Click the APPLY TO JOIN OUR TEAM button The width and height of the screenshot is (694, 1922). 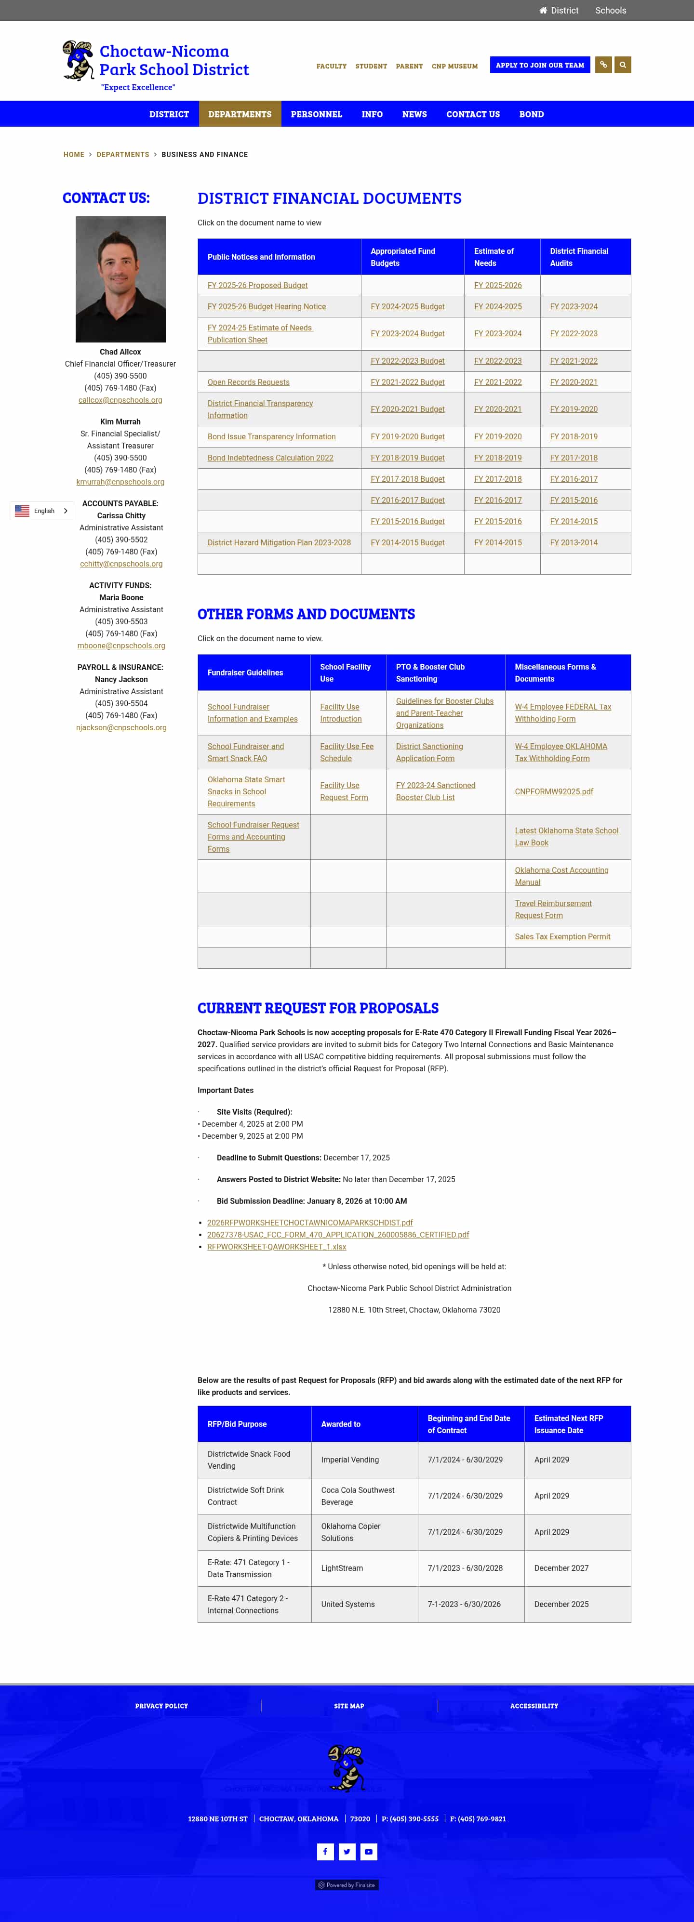coord(539,65)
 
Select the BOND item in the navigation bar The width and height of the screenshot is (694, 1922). coord(531,114)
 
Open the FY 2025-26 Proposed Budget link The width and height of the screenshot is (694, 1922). coord(257,286)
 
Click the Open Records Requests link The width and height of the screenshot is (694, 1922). coord(249,382)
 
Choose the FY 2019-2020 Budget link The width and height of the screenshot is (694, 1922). coord(407,436)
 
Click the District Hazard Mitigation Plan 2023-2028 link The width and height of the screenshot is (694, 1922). coord(279,542)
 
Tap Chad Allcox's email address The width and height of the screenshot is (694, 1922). coord(120,400)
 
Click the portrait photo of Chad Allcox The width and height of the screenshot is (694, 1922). coord(120,279)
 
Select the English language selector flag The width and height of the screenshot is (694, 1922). coord(22,511)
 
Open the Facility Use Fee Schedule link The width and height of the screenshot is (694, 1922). coord(346,752)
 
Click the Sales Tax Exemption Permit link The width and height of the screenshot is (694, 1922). coord(562,936)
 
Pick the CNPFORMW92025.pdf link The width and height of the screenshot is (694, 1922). coord(554,791)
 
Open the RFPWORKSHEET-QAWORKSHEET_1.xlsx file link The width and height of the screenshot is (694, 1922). coord(276,1247)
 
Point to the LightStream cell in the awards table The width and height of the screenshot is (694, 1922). coord(342,1568)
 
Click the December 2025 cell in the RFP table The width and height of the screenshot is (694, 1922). coord(561,1604)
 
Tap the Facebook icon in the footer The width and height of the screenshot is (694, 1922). coord(325,1851)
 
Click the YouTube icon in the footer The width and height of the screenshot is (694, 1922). coord(369,1851)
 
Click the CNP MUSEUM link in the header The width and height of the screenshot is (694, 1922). coord(454,66)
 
